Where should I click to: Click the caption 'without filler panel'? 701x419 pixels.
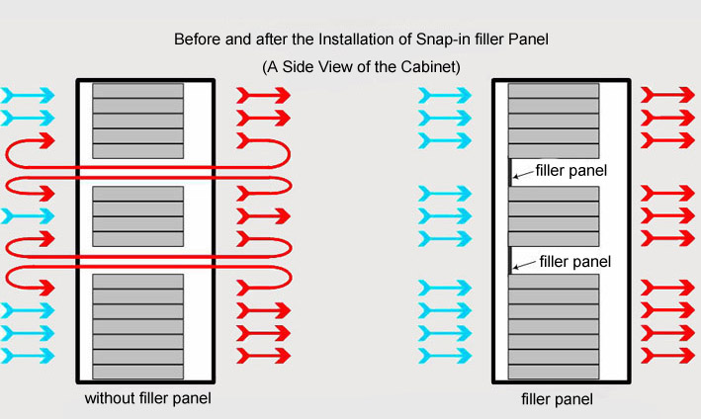148,399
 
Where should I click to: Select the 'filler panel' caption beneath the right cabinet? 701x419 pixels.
557,400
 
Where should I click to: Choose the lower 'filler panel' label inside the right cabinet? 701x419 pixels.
574,262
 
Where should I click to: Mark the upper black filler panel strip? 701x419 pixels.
510,171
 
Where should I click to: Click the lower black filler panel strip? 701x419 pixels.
510,260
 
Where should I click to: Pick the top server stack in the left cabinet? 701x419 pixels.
137,122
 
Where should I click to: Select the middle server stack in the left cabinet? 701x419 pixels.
137,215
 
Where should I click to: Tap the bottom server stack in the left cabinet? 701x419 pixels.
137,327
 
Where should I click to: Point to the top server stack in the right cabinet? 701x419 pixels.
554,122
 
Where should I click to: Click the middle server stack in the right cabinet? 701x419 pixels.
554,215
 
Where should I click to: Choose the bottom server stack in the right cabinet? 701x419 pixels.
554,327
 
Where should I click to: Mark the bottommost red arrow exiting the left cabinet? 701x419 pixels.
262,355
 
